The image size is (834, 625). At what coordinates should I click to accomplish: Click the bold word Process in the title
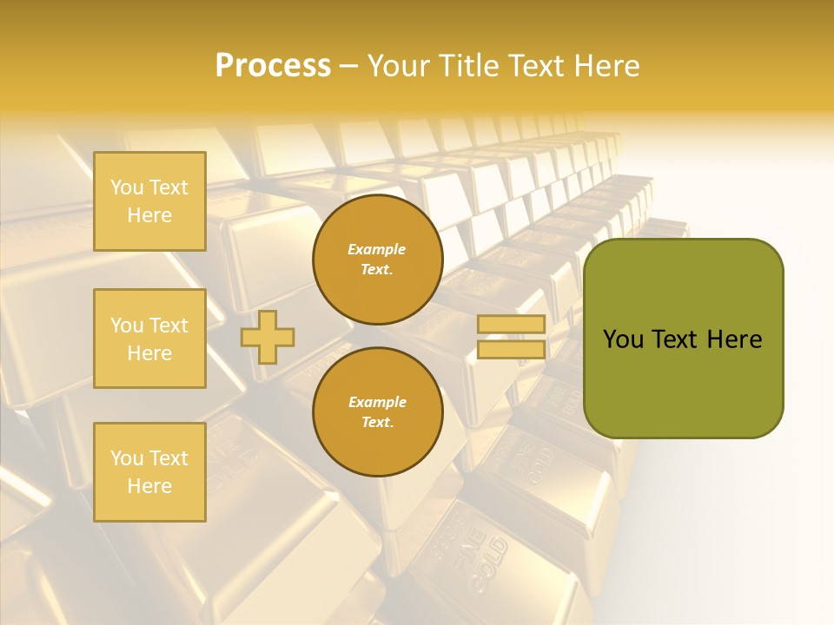[x=273, y=66]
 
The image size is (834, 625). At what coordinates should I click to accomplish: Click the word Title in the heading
[x=472, y=66]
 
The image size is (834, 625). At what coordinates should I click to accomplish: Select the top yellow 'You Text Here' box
[x=149, y=201]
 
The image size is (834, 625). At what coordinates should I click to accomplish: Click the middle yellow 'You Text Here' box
[x=149, y=339]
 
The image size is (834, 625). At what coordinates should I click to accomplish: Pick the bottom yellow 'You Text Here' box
[x=149, y=472]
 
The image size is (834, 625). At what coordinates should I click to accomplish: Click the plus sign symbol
[x=268, y=337]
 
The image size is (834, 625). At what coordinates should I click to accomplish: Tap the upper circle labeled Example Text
[x=377, y=260]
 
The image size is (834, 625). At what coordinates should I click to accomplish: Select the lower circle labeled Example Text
[x=377, y=412]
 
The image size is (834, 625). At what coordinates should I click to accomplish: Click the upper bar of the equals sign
[x=512, y=325]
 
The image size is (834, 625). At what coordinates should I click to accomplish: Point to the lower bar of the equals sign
[x=512, y=349]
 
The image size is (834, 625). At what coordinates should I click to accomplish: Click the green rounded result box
[x=683, y=382]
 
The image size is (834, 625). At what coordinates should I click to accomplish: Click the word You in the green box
[x=623, y=339]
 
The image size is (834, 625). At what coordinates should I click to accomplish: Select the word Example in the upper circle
[x=377, y=249]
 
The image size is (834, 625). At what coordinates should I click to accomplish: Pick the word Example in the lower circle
[x=377, y=402]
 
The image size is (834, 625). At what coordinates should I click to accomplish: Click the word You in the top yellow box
[x=127, y=187]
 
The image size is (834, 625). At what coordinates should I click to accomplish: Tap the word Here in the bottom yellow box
[x=149, y=486]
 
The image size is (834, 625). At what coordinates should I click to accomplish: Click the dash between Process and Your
[x=349, y=66]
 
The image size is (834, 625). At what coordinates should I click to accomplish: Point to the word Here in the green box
[x=735, y=339]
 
